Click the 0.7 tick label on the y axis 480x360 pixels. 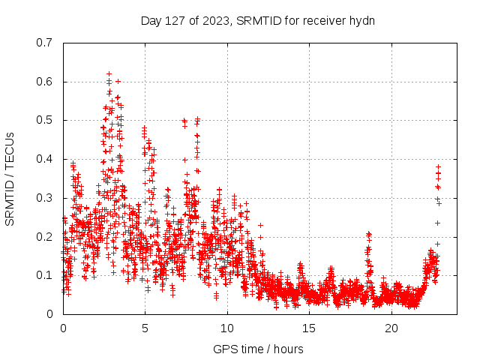tap(44, 43)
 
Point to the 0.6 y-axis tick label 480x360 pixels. tap(44, 82)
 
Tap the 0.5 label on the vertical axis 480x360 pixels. tap(44, 120)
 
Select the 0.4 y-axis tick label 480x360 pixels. tap(44, 159)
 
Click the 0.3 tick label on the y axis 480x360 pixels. tap(44, 198)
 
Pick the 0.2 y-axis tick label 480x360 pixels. tap(44, 236)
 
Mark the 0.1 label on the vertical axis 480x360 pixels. tap(44, 275)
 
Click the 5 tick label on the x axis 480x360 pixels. tap(145, 328)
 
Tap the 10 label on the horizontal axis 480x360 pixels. tap(227, 328)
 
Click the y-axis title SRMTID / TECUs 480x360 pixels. tap(10, 178)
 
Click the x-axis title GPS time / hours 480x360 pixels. tap(258, 349)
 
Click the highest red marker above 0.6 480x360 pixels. tap(109, 74)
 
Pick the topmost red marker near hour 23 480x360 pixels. tap(438, 166)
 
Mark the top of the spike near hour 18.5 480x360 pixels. tap(368, 234)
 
